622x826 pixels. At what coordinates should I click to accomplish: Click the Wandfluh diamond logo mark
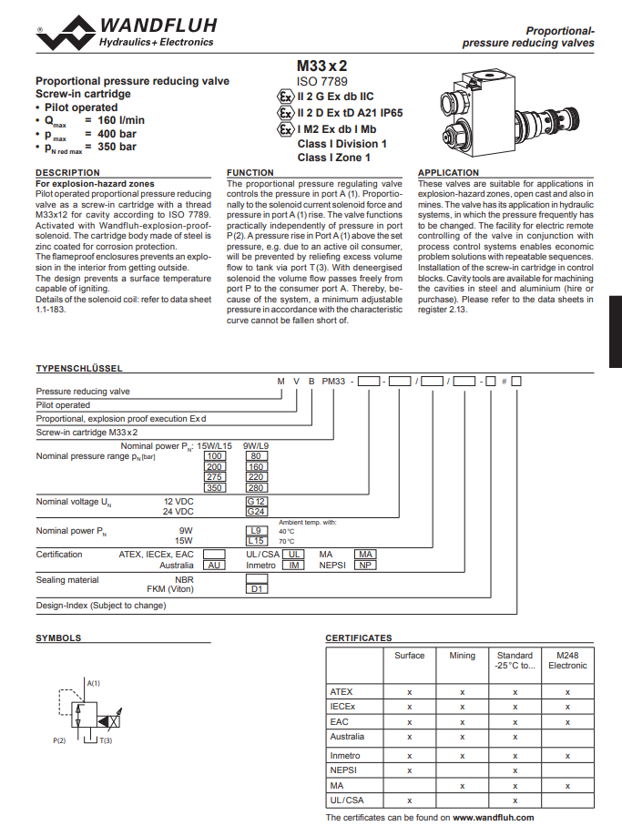tap(66, 33)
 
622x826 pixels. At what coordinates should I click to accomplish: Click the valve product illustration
tap(509, 112)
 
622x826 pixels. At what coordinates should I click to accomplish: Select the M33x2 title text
tap(321, 66)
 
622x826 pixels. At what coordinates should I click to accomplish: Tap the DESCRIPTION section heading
tap(67, 172)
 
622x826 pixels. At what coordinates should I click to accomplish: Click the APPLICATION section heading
tap(448, 172)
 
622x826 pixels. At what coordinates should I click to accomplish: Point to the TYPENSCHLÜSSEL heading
tap(79, 368)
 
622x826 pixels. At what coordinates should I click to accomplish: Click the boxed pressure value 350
tap(214, 488)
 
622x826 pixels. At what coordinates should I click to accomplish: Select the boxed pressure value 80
tap(256, 456)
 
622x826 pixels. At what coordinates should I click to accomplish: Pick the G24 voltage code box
tap(256, 512)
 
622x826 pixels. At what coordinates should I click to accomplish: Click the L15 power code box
tap(256, 541)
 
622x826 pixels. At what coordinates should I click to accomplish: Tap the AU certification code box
tap(214, 566)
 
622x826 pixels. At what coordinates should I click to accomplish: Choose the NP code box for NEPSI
tap(365, 566)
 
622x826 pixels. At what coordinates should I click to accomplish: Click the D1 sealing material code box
tap(257, 589)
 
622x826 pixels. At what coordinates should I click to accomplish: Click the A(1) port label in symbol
tap(93, 683)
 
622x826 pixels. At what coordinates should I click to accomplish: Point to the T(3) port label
tap(106, 740)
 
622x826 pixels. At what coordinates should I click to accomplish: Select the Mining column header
tap(462, 656)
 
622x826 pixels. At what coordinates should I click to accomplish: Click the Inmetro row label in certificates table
tap(345, 755)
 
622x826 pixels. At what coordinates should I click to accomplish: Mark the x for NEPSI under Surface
tap(409, 770)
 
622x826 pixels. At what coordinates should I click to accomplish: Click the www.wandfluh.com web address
tap(493, 818)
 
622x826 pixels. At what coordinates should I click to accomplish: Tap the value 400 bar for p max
tap(117, 134)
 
